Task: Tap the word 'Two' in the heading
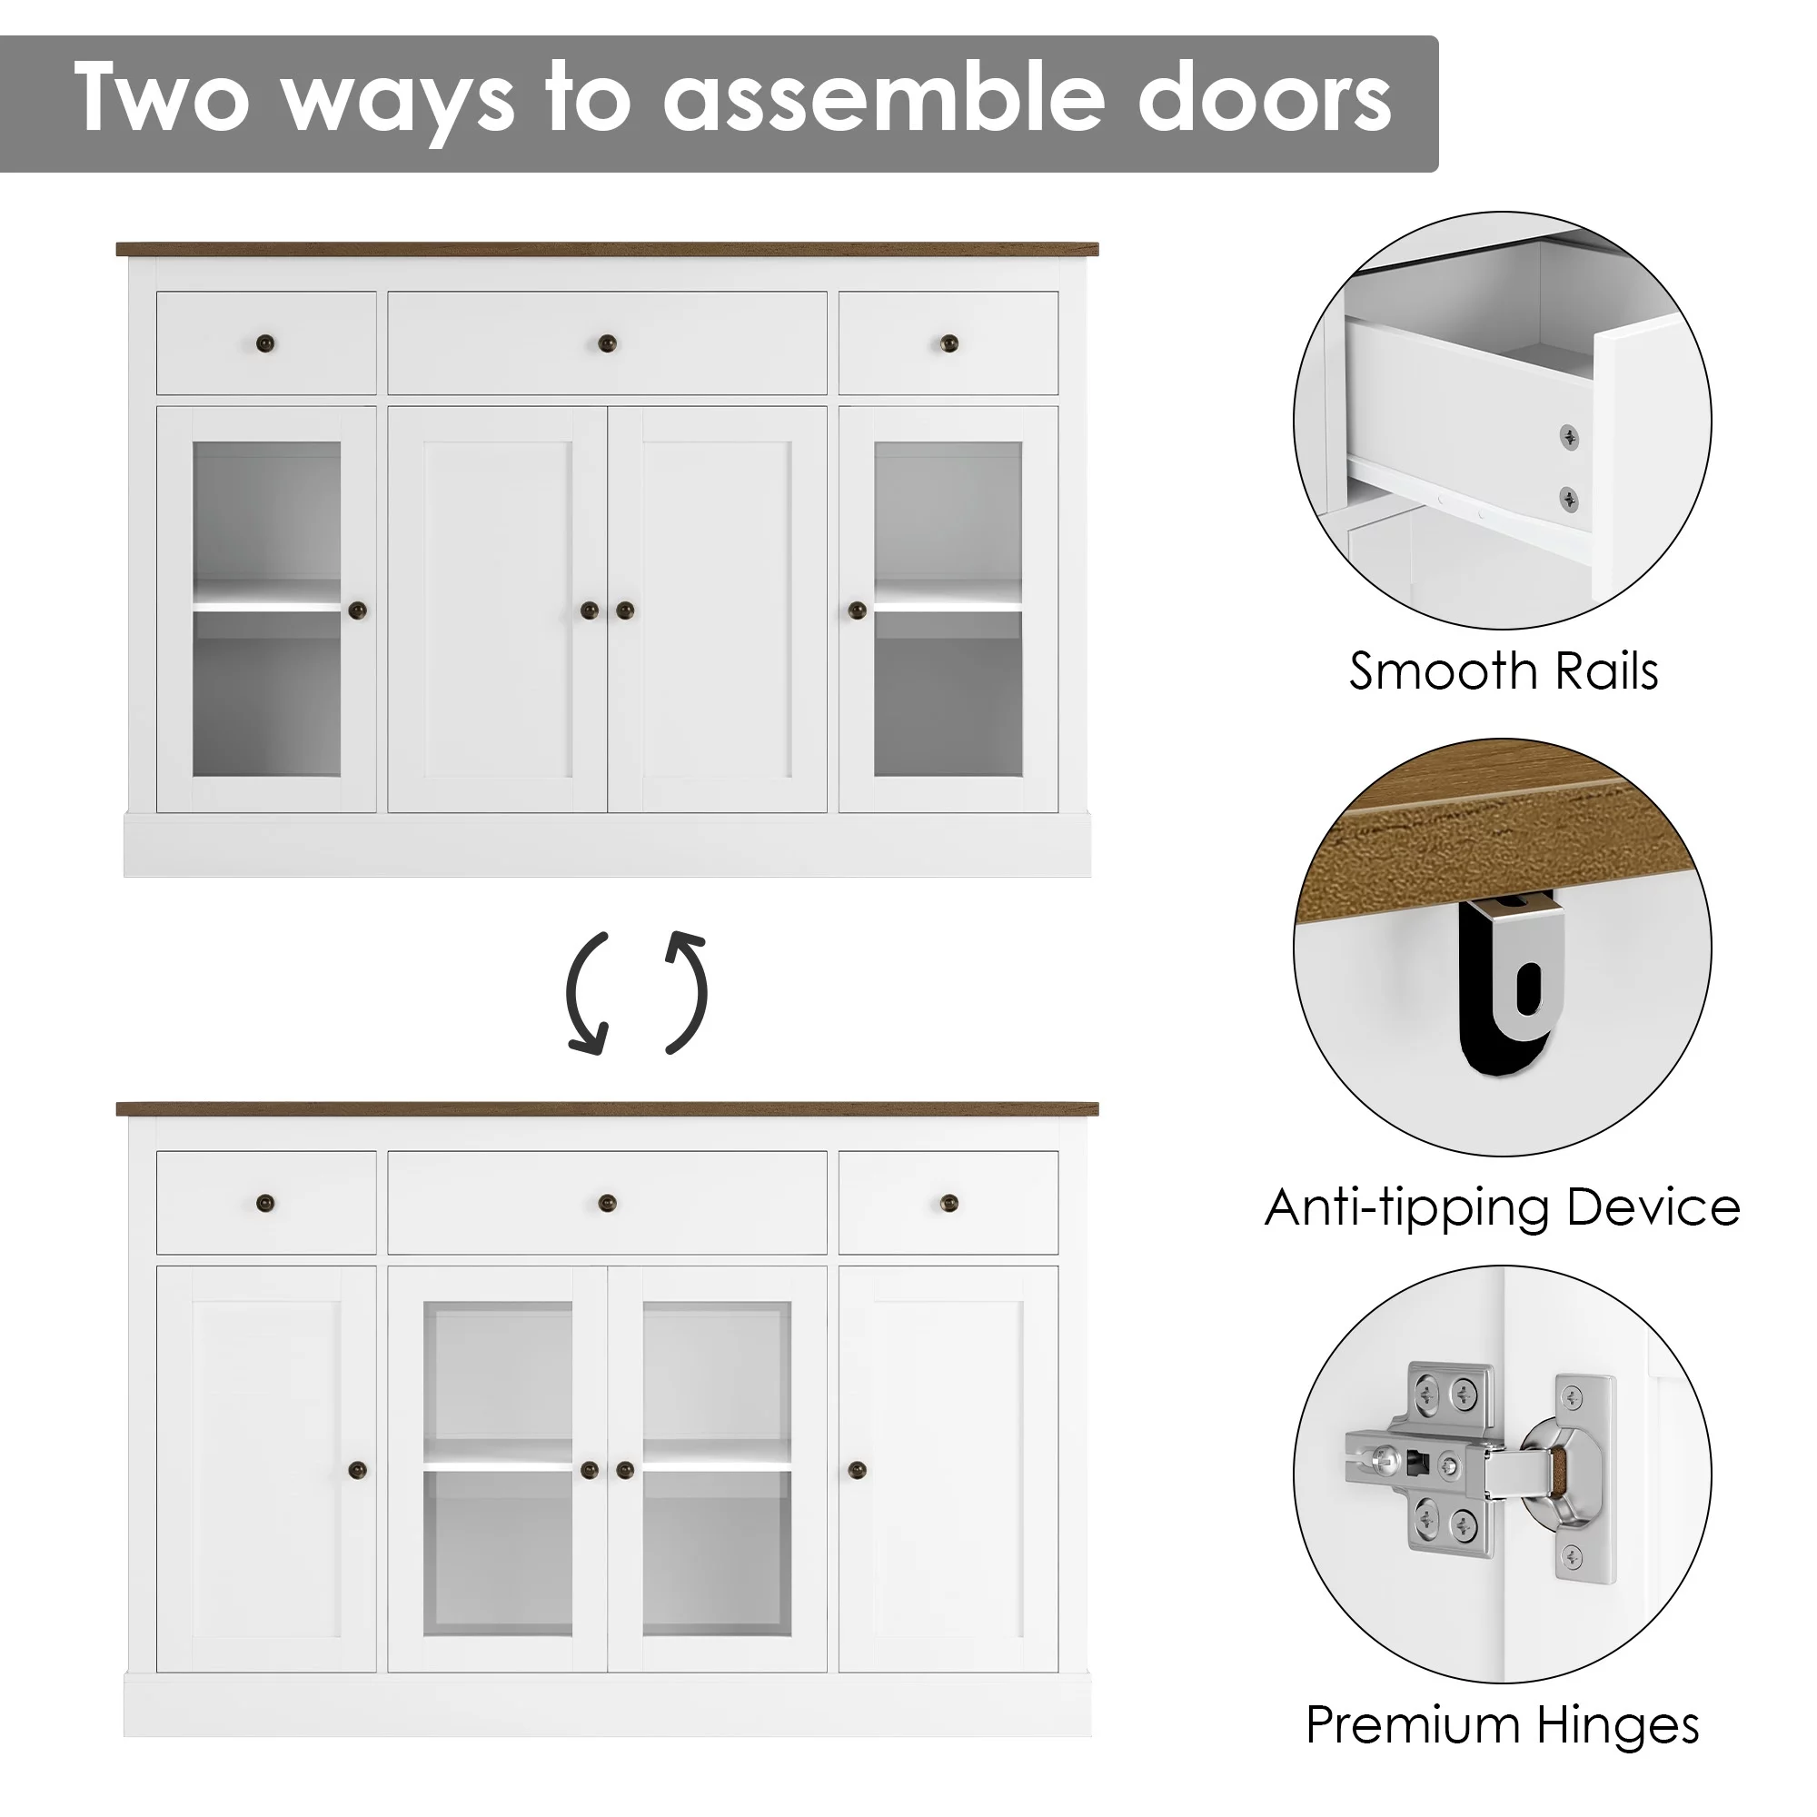[x=162, y=98]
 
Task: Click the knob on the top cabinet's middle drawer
[x=608, y=343]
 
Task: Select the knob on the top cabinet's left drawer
[x=266, y=343]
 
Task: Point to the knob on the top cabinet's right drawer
[x=949, y=343]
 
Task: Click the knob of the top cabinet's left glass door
[x=357, y=611]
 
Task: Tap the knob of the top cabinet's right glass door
[x=857, y=611]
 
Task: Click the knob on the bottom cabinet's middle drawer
[x=608, y=1202]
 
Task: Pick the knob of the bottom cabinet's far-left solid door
[x=357, y=1469]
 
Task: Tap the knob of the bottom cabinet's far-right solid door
[x=857, y=1469]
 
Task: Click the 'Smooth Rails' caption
[x=1503, y=671]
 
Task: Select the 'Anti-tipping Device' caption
[x=1502, y=1207]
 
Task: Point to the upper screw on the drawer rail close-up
[x=1569, y=436]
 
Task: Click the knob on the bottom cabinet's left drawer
[x=266, y=1202]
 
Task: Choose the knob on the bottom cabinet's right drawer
[x=949, y=1202]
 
